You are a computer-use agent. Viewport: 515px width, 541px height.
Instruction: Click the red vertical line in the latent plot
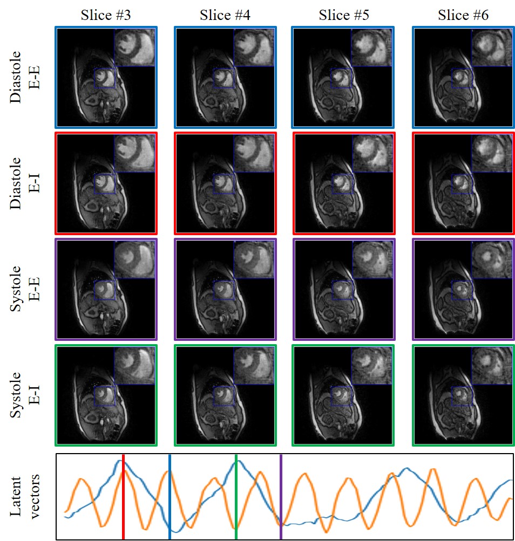123,496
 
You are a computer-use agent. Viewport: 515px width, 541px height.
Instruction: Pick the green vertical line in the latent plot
236,496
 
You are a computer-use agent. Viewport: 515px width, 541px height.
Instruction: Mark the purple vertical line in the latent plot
281,496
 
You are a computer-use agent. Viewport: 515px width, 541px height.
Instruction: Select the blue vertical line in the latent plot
170,496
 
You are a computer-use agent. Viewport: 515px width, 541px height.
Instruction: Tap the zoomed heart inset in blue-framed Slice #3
134,47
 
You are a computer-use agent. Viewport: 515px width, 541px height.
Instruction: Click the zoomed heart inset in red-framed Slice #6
492,154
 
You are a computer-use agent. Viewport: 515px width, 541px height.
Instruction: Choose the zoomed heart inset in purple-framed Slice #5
372,260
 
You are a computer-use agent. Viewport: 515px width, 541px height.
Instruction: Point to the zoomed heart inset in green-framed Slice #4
254,366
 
